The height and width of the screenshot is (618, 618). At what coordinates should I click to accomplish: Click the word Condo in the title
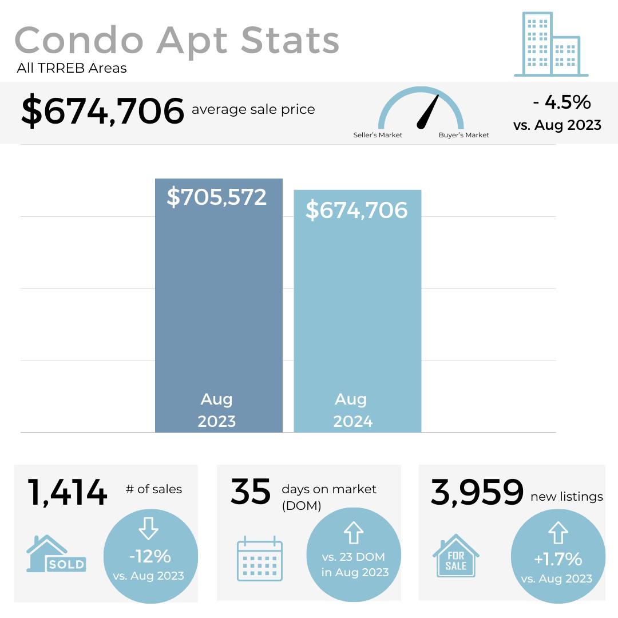pyautogui.click(x=80, y=41)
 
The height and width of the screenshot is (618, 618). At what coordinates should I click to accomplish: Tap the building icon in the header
pyautogui.click(x=550, y=44)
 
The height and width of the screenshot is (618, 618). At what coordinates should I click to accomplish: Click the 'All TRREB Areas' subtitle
pyautogui.click(x=72, y=69)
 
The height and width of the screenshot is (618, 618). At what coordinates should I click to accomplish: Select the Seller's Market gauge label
pyautogui.click(x=378, y=135)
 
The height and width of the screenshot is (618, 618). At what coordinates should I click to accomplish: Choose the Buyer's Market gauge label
pyautogui.click(x=463, y=135)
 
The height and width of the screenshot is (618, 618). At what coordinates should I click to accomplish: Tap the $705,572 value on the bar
pyautogui.click(x=217, y=197)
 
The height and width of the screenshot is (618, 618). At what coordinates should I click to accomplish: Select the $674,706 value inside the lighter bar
pyautogui.click(x=356, y=210)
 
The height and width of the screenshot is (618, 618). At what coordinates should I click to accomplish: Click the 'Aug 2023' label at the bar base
pyautogui.click(x=217, y=410)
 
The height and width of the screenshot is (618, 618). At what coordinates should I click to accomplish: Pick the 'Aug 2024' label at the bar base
pyautogui.click(x=352, y=410)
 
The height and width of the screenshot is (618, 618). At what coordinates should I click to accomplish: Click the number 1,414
pyautogui.click(x=68, y=493)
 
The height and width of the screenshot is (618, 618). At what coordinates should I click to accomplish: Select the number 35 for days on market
pyautogui.click(x=251, y=492)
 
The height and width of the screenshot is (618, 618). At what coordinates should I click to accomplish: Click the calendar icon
pyautogui.click(x=259, y=558)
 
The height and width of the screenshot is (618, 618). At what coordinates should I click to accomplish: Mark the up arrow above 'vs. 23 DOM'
pyautogui.click(x=354, y=532)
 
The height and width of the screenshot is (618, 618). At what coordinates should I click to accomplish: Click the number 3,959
pyautogui.click(x=477, y=493)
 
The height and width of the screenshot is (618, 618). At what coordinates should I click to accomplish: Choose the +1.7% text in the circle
pyautogui.click(x=557, y=558)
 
